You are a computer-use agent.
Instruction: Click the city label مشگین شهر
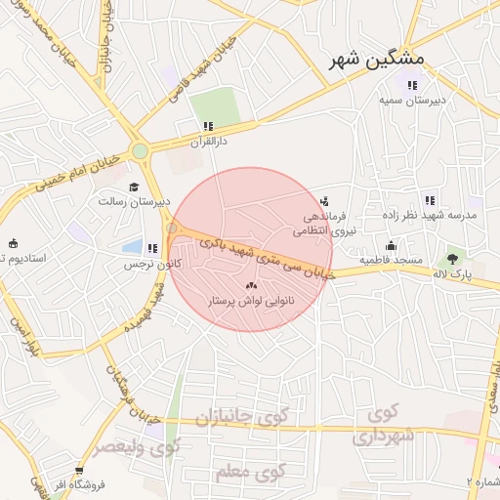point(366,61)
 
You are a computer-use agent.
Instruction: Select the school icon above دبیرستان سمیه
point(411,85)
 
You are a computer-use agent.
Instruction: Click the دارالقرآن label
point(208,141)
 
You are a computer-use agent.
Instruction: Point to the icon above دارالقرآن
point(208,126)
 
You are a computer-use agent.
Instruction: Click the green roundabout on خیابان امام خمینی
point(141,150)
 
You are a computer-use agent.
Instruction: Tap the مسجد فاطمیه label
point(390,261)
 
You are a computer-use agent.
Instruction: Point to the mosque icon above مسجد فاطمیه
point(391,245)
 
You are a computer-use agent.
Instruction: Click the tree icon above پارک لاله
point(451,259)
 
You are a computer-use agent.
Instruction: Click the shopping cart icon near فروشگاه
point(79,469)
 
